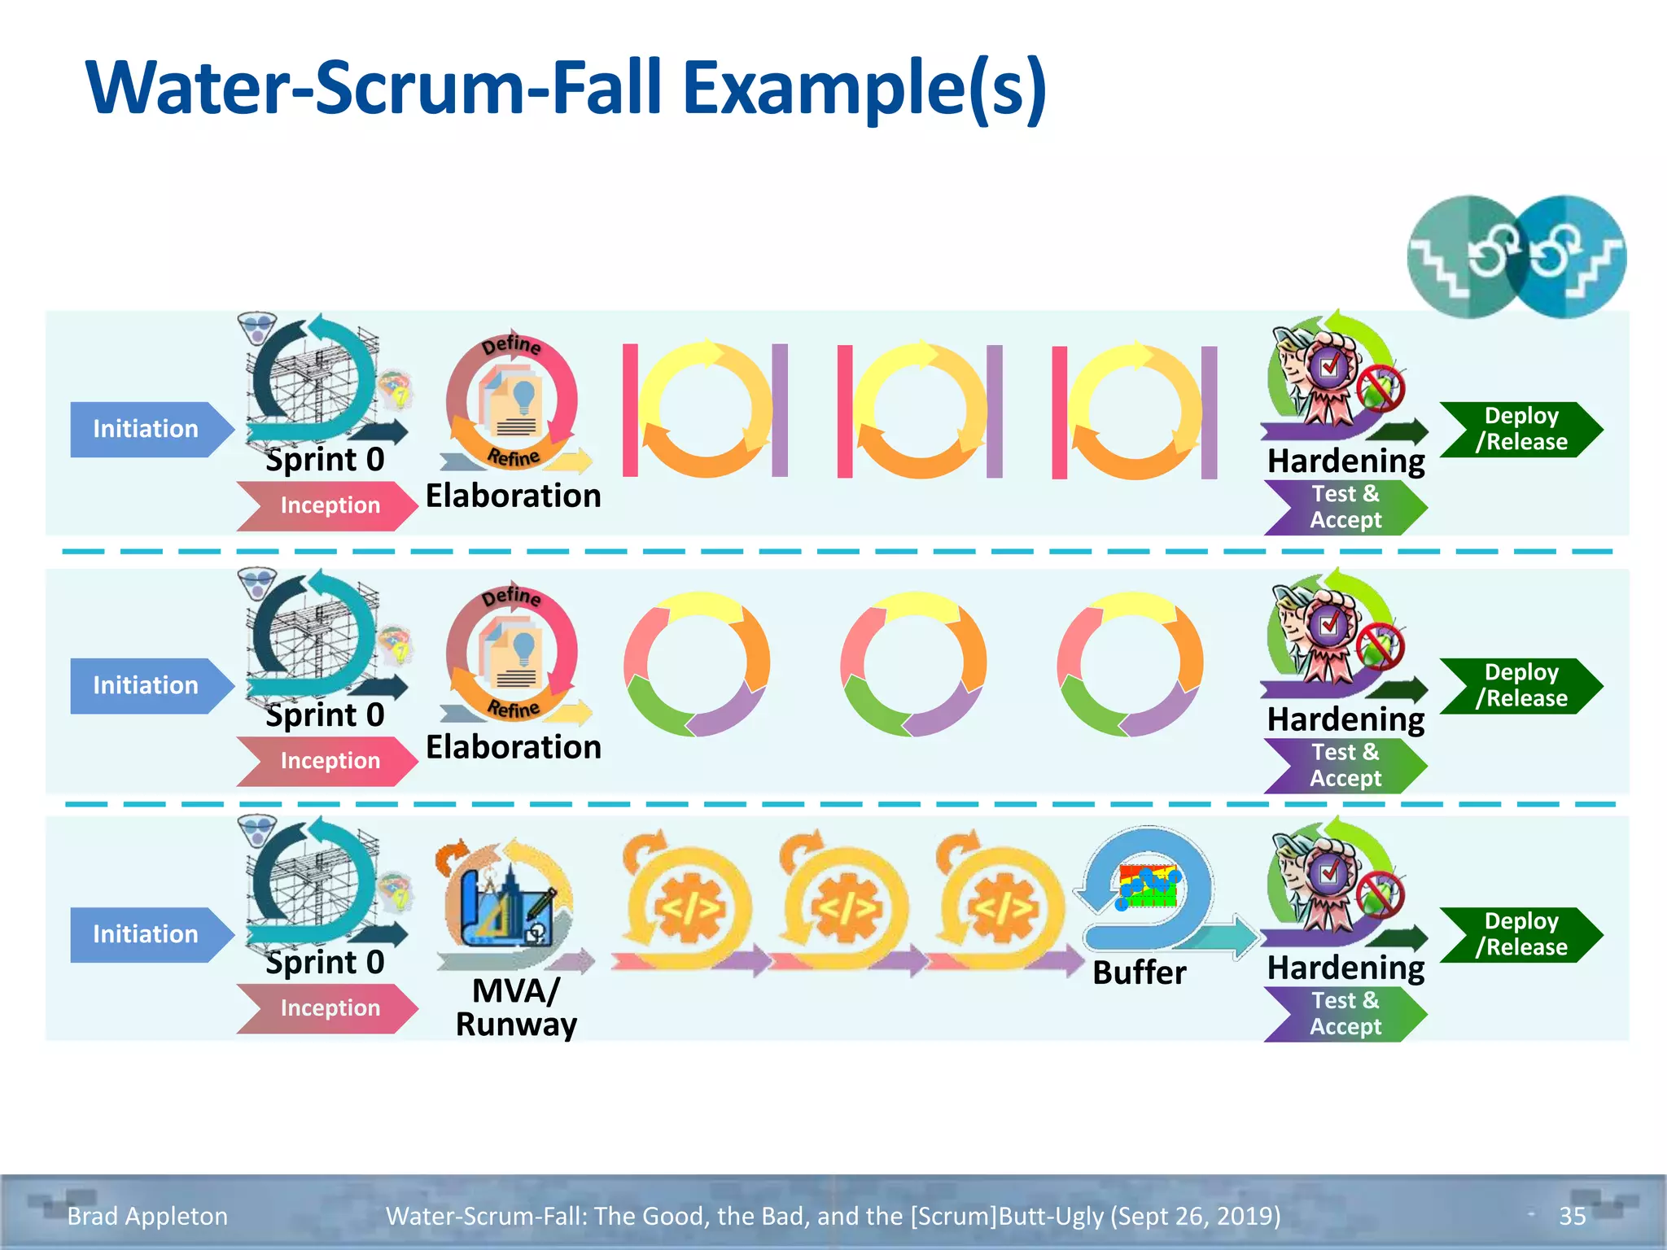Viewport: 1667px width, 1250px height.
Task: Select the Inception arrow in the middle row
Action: pos(329,761)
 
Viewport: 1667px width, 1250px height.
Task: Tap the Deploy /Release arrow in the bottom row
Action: pos(1520,934)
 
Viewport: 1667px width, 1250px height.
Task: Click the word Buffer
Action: pos(1139,972)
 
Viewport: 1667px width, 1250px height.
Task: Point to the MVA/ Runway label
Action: pos(515,1007)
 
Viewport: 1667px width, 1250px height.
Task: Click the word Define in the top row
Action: pos(511,345)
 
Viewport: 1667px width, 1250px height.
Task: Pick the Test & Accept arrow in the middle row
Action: pos(1345,765)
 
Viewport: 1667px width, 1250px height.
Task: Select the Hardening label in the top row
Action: pos(1345,461)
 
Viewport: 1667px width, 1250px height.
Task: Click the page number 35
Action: pos(1572,1216)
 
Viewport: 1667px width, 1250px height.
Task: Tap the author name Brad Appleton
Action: pos(147,1216)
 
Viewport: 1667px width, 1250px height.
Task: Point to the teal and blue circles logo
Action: pos(1516,256)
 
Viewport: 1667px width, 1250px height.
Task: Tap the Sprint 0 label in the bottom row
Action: pos(325,962)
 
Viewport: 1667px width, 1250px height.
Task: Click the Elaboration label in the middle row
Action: pos(513,747)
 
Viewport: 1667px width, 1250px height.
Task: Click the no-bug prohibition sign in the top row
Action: pos(1380,389)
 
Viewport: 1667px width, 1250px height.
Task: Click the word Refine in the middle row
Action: pos(514,708)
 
